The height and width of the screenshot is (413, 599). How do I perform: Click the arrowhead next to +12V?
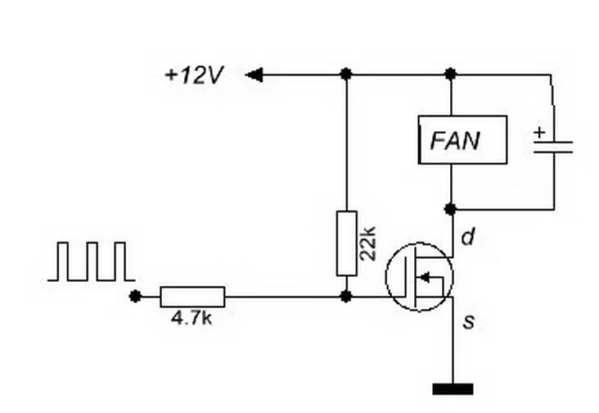[254, 75]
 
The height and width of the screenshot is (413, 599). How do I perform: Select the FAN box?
[462, 140]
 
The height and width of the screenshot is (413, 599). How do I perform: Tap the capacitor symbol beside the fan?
[552, 146]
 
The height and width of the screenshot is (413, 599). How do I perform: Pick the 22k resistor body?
[346, 243]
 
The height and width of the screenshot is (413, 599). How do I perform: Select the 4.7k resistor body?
[191, 296]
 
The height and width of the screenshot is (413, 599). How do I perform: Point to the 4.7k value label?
[191, 318]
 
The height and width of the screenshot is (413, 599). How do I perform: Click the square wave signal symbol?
[91, 261]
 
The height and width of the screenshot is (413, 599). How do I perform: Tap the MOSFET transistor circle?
[419, 276]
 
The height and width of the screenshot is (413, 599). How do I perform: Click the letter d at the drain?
[467, 238]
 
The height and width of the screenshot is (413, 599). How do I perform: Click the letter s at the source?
[468, 322]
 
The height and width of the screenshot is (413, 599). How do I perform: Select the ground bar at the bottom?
[452, 388]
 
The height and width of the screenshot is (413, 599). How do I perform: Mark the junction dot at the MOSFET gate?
[346, 296]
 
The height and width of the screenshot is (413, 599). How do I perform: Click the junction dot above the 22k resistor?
[346, 75]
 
